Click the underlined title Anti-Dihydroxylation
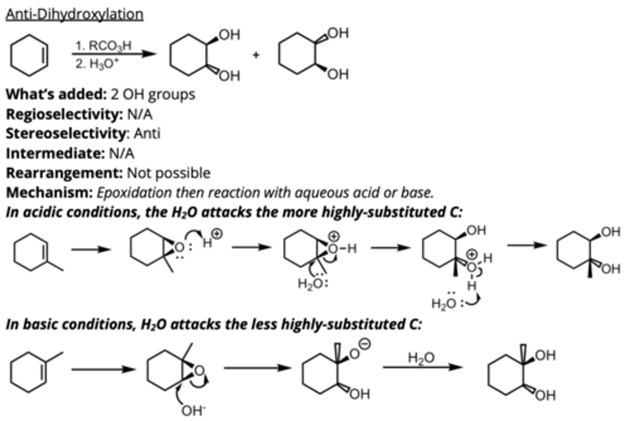pyautogui.click(x=74, y=14)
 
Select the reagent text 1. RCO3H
pyautogui.click(x=103, y=45)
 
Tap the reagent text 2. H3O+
pyautogui.click(x=97, y=64)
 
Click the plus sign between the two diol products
pyautogui.click(x=256, y=55)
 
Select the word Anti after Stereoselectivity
pyautogui.click(x=147, y=133)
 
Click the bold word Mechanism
pyautogui.click(x=49, y=192)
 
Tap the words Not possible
pyautogui.click(x=168, y=173)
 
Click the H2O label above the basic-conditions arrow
pyautogui.click(x=421, y=357)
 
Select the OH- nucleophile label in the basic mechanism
pyautogui.click(x=193, y=410)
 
